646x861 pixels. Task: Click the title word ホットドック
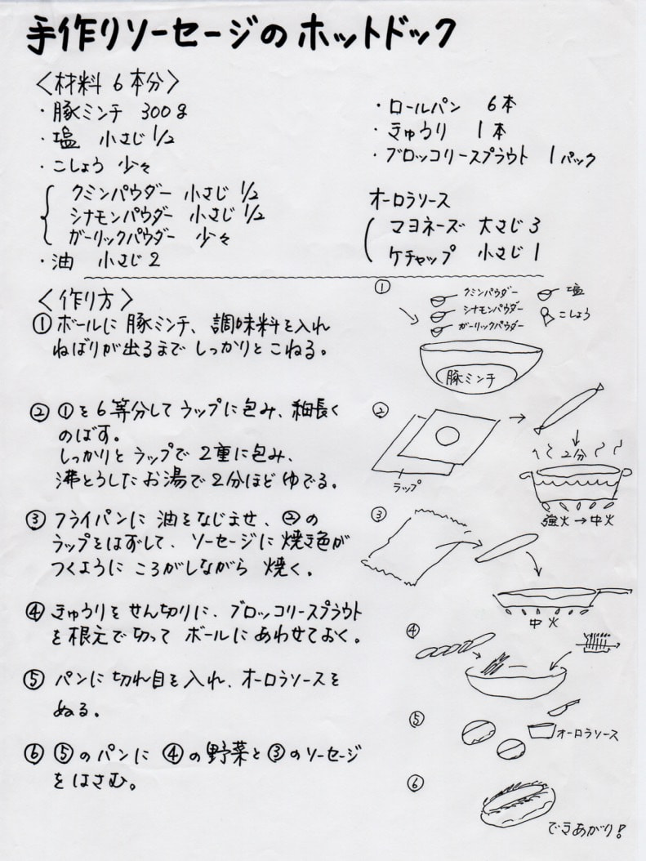tap(376, 34)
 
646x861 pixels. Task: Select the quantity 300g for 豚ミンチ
tap(165, 112)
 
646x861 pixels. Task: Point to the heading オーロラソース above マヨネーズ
tap(409, 200)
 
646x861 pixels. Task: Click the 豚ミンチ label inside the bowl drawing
tap(470, 378)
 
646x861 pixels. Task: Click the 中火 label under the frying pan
tap(543, 623)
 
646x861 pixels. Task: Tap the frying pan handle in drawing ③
tap(613, 592)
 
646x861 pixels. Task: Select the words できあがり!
tap(586, 828)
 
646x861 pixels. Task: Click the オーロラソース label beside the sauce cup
tap(587, 734)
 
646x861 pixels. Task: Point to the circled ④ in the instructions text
tap(34, 612)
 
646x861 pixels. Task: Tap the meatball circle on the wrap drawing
tap(448, 436)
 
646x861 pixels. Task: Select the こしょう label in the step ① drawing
tap(574, 314)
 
